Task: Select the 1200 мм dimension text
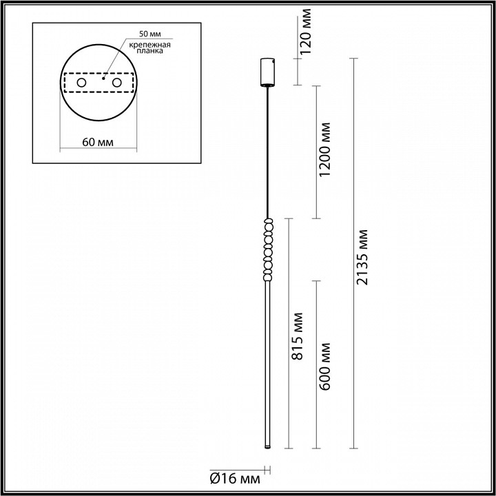click(324, 151)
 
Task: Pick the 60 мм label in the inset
click(98, 141)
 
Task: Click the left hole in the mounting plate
click(81, 83)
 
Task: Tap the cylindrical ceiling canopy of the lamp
click(267, 72)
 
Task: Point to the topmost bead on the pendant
click(267, 223)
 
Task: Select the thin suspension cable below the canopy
click(267, 152)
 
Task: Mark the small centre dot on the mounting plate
click(103, 78)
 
